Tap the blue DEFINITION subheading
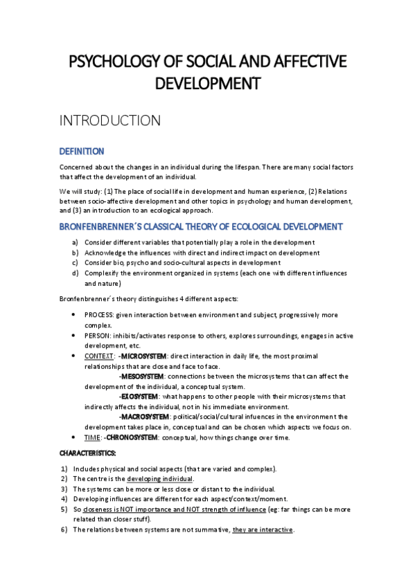pyautogui.click(x=82, y=151)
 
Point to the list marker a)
pyautogui.click(x=75, y=242)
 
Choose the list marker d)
pyautogui.click(x=75, y=273)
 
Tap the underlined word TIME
pyautogui.click(x=92, y=437)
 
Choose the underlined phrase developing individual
pyautogui.click(x=161, y=479)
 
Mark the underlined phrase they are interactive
pyautogui.click(x=263, y=530)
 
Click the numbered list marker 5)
pyautogui.click(x=64, y=510)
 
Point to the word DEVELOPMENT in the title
pyautogui.click(x=207, y=84)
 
